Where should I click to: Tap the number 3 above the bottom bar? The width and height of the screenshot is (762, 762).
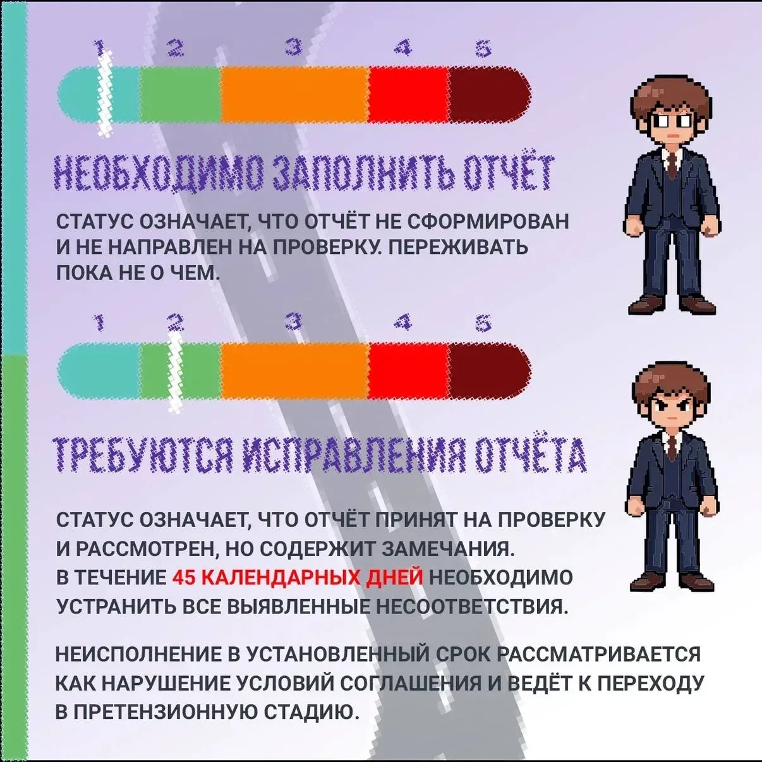click(294, 321)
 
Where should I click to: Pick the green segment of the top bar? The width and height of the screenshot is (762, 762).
click(180, 94)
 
